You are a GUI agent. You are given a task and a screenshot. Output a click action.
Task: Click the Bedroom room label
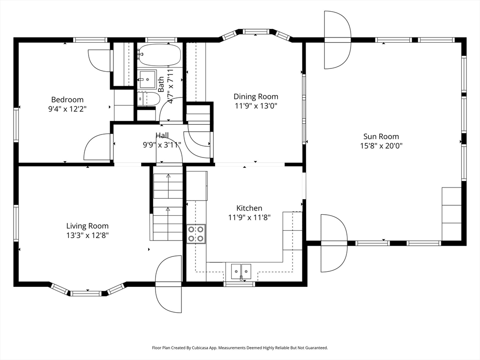click(x=67, y=99)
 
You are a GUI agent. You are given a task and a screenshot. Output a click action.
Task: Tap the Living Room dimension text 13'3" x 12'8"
click(x=88, y=235)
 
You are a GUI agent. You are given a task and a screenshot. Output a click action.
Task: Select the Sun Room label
click(x=381, y=136)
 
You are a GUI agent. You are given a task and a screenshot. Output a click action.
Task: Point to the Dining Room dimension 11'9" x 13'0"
click(x=256, y=106)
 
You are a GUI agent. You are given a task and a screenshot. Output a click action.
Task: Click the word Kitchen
click(x=249, y=208)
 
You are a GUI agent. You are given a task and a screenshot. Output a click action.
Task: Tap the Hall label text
click(x=162, y=135)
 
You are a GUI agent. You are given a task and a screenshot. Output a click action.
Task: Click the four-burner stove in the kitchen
click(x=196, y=234)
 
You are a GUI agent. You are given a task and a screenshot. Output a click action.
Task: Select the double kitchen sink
click(x=241, y=271)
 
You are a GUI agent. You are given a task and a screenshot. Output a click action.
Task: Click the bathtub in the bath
click(x=159, y=55)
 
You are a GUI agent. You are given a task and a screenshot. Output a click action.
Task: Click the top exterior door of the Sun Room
click(x=337, y=40)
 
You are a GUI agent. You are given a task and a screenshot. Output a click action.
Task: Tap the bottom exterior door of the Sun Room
click(x=334, y=243)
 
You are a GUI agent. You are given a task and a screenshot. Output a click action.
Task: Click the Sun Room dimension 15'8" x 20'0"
click(x=381, y=146)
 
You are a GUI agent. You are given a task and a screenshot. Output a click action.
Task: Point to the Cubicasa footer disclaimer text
click(x=240, y=348)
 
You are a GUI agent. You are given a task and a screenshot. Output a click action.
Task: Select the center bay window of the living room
click(x=86, y=293)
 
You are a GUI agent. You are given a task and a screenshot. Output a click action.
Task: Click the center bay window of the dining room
click(x=255, y=31)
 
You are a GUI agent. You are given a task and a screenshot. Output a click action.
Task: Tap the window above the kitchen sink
click(x=239, y=284)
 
